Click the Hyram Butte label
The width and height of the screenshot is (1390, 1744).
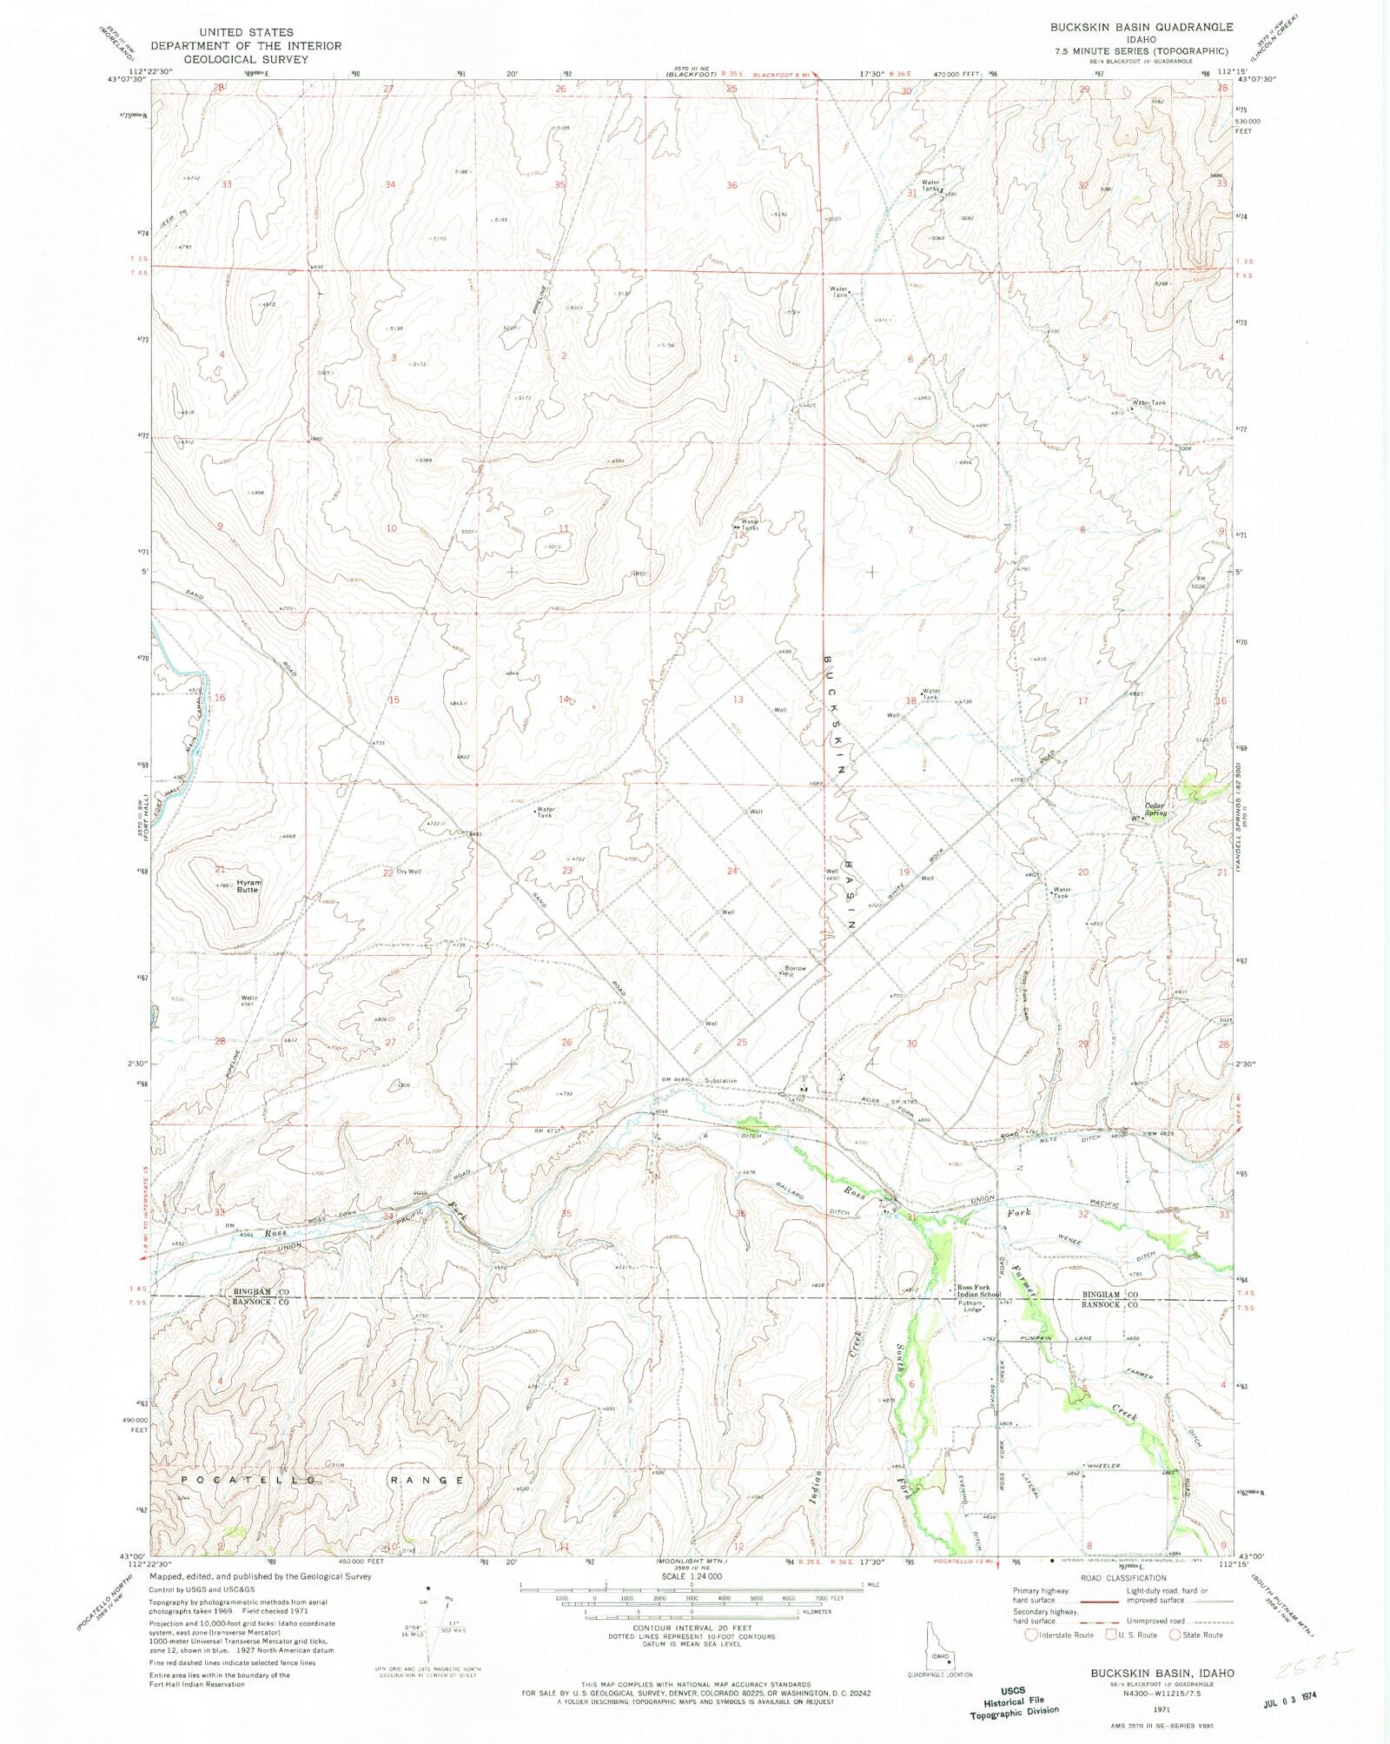[248, 885]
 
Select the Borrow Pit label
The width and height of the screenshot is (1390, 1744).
[796, 971]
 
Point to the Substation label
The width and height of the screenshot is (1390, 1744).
[721, 1080]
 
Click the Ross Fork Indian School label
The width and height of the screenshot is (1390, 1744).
[978, 1290]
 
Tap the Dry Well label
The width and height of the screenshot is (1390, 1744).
[408, 871]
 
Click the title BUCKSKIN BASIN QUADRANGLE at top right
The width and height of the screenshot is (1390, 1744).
[1141, 27]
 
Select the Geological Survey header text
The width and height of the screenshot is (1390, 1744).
[246, 59]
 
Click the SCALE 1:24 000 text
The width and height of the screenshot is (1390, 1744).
[691, 1576]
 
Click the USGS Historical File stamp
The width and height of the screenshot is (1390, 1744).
[1014, 1701]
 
